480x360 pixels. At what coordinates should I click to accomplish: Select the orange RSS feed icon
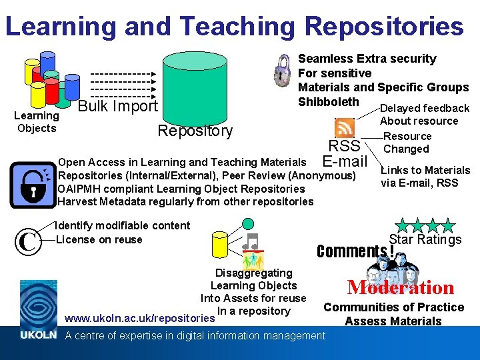point(345,127)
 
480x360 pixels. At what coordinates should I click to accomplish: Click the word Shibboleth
point(328,102)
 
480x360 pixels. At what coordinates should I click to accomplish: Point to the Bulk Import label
point(117,107)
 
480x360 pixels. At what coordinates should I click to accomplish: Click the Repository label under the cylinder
point(195,131)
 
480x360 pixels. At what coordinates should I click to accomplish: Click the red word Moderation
point(401,287)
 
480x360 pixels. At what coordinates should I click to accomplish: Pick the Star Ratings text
point(425,239)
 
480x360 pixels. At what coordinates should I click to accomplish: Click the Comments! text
point(355,251)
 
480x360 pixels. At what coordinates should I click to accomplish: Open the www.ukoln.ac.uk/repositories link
point(139,318)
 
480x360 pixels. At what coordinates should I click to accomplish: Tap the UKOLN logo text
point(37,335)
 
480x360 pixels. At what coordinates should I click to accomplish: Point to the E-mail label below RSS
point(345,161)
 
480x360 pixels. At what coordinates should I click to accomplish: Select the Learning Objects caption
point(37,122)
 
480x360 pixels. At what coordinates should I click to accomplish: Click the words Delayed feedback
point(425,108)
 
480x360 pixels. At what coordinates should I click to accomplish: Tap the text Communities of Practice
point(393,307)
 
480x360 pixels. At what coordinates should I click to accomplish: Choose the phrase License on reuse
point(99,239)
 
